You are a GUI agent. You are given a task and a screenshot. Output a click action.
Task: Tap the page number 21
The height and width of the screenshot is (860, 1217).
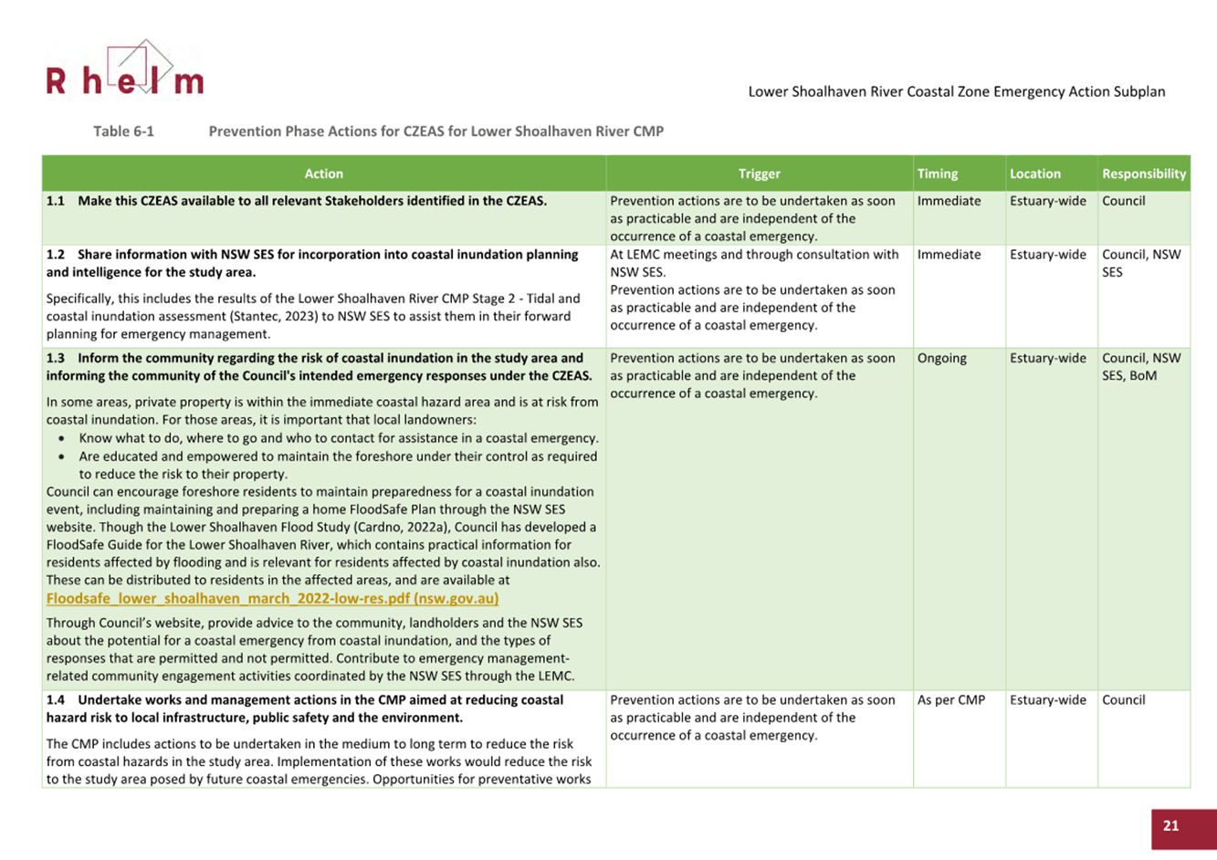pyautogui.click(x=1171, y=825)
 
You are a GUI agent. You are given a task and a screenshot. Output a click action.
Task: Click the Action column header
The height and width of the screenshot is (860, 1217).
pyautogui.click(x=323, y=173)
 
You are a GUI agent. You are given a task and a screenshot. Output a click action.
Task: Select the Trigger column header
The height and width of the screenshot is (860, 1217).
pyautogui.click(x=759, y=173)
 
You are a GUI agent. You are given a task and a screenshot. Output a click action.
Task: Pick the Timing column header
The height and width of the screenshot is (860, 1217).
pyautogui.click(x=938, y=173)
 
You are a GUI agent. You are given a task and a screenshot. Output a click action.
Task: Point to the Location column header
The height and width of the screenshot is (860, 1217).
pyautogui.click(x=1034, y=173)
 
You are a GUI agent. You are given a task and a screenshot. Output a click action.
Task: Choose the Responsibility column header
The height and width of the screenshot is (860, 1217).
pyautogui.click(x=1143, y=173)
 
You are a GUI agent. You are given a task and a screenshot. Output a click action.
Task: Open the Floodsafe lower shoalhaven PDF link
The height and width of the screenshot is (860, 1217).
pyautogui.click(x=272, y=599)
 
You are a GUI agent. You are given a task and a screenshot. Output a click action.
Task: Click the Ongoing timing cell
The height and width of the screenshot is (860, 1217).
pyautogui.click(x=941, y=358)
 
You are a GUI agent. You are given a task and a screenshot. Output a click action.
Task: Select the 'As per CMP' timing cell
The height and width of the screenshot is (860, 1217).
pyautogui.click(x=950, y=700)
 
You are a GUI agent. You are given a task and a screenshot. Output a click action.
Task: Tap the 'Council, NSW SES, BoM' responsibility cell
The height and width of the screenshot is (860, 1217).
pyautogui.click(x=1140, y=367)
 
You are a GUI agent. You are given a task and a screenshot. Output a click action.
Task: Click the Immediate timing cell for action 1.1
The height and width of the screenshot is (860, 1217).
pyautogui.click(x=949, y=201)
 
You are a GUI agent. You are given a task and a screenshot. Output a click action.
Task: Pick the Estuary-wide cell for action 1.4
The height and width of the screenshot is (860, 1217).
pyautogui.click(x=1047, y=700)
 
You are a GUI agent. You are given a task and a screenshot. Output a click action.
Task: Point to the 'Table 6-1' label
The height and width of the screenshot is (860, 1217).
pyautogui.click(x=123, y=131)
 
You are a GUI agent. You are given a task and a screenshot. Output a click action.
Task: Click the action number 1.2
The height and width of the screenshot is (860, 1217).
pyautogui.click(x=56, y=255)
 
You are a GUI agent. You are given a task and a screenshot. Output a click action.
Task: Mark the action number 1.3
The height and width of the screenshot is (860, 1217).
pyautogui.click(x=56, y=358)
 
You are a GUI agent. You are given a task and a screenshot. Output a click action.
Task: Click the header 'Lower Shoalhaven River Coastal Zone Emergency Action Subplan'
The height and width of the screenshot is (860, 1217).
pyautogui.click(x=956, y=91)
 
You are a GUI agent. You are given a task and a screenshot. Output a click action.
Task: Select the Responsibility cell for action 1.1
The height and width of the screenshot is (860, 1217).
pyautogui.click(x=1123, y=201)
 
